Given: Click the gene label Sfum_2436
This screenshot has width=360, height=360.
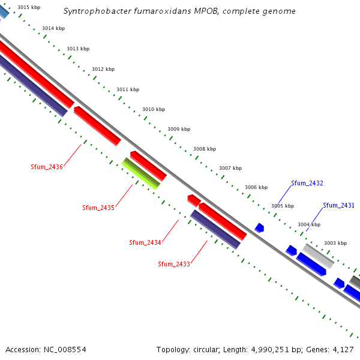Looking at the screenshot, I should tap(47, 167).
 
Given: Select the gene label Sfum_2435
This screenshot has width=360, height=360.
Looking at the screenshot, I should tap(98, 208).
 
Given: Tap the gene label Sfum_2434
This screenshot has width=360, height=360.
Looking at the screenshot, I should tap(145, 242).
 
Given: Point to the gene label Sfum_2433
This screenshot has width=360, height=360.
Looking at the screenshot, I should tap(174, 264).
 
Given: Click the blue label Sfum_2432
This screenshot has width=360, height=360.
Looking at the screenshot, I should tap(307, 183).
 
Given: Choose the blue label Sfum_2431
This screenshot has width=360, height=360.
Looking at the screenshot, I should tap(339, 205).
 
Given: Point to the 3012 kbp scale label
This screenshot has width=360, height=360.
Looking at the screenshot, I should tap(103, 69).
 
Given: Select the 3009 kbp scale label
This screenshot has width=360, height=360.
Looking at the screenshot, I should tap(179, 129).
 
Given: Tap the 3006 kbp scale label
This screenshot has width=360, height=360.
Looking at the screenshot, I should tap(256, 187).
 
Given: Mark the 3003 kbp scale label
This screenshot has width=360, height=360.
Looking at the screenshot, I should tap(335, 243).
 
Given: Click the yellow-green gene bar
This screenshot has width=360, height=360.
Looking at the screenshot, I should tap(141, 173).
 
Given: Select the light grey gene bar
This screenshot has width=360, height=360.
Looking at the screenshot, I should tap(318, 256).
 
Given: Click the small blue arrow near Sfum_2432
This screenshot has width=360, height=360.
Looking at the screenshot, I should tap(259, 228).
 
